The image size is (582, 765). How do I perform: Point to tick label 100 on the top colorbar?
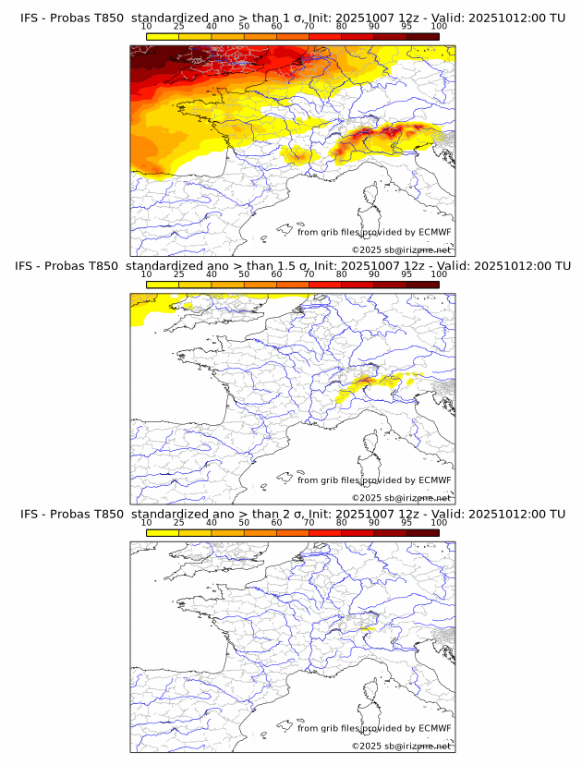[x=439, y=27]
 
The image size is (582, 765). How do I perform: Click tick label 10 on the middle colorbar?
[x=146, y=274]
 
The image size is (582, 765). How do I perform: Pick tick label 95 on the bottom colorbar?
[x=406, y=522]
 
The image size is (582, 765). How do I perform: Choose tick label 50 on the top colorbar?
[x=244, y=27]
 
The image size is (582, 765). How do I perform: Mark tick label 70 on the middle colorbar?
[x=309, y=274]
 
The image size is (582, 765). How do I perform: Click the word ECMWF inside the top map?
[x=435, y=233]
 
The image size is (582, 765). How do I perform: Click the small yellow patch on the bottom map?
[x=366, y=628]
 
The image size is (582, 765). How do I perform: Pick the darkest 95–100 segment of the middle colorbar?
[x=422, y=284]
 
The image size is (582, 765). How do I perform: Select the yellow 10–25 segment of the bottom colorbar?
[x=162, y=531]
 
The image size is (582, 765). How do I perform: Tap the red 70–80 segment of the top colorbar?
[x=325, y=36]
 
